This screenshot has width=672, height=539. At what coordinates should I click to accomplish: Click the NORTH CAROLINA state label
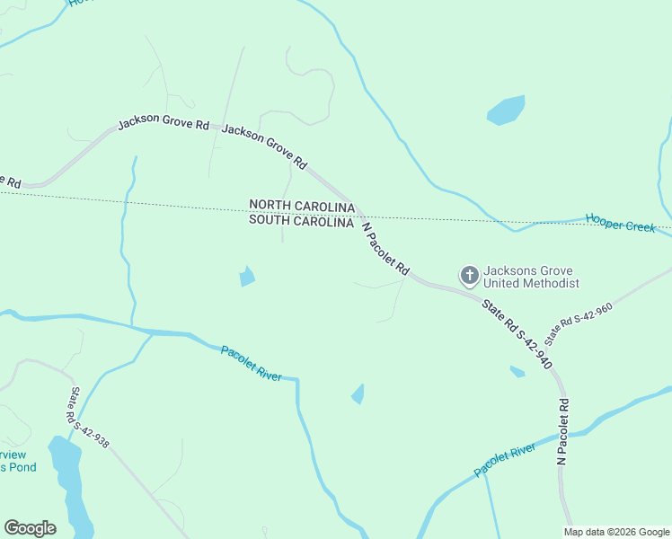[x=301, y=205]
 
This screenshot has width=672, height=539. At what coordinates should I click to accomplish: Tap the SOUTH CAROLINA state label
[x=300, y=220]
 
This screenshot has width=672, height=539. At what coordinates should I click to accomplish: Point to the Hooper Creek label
[x=621, y=223]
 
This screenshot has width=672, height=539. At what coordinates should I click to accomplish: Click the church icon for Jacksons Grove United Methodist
[x=469, y=275]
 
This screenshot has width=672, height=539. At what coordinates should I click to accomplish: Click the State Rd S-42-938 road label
[x=89, y=418]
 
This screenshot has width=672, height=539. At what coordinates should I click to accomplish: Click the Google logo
[x=30, y=528]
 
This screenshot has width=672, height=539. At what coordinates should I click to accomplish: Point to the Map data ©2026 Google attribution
[x=616, y=532]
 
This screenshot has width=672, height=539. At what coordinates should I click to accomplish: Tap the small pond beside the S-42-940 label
[x=517, y=371]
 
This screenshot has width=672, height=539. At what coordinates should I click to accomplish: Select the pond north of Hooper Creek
[x=505, y=110]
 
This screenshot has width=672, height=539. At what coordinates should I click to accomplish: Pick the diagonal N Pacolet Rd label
[x=385, y=249]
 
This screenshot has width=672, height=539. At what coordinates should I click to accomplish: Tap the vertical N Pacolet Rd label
[x=563, y=431]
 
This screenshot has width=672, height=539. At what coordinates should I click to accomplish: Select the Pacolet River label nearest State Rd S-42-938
[x=251, y=362]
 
